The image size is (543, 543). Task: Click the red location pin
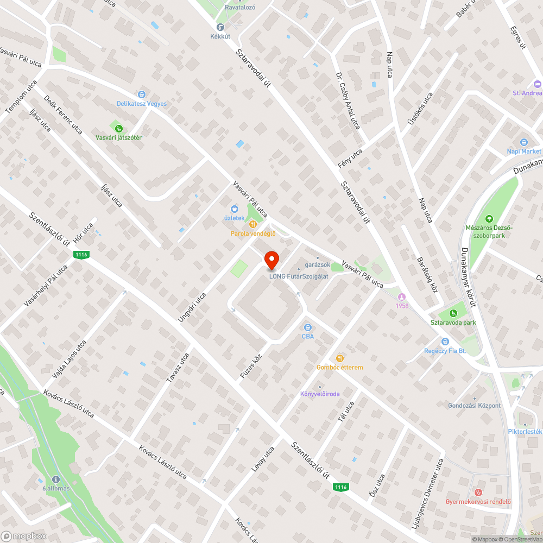pos(271,260)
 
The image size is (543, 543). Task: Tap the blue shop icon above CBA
pos(308,327)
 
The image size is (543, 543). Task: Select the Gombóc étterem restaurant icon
pos(340,358)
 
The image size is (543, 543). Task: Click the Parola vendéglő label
pos(254,234)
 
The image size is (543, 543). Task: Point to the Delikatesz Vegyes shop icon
pos(142,94)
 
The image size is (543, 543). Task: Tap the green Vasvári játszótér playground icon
pos(118,129)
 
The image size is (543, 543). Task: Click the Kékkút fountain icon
pos(220,27)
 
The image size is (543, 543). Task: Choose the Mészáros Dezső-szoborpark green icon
pos(489,218)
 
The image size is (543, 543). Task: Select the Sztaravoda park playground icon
pos(453,313)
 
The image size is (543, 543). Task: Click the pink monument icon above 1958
pos(402,296)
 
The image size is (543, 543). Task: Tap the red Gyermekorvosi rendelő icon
pos(478,492)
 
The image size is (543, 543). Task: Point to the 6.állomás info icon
pos(56,479)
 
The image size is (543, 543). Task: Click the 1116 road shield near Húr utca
pos(81,255)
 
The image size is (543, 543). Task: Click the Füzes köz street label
pos(251,367)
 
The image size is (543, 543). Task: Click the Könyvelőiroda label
pos(320,394)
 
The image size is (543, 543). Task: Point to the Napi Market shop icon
pos(523,142)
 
